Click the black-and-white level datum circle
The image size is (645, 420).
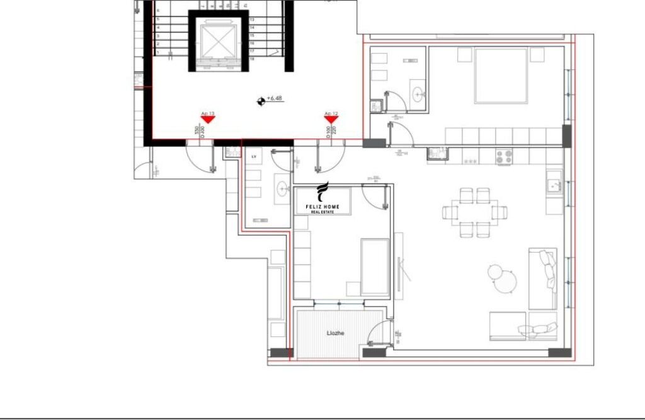[260, 100]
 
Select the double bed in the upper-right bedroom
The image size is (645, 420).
[501, 76]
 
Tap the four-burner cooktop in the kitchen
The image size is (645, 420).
[504, 156]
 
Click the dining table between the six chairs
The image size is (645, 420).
[477, 212]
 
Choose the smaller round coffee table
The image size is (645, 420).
[495, 272]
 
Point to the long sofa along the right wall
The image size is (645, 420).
[542, 278]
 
